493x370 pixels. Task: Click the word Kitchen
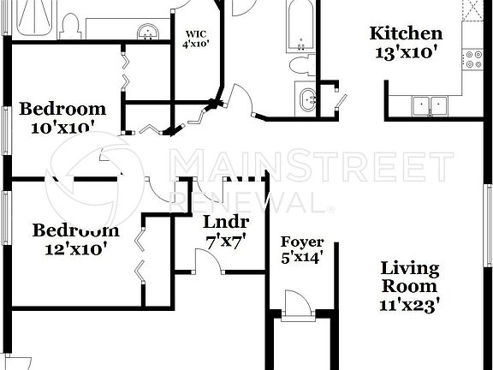[x=406, y=34]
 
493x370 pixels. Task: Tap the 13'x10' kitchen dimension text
[x=406, y=52]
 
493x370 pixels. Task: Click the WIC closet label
[x=197, y=35]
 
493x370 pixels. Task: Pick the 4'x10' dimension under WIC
[x=197, y=45]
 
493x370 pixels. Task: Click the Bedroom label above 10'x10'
[x=63, y=109]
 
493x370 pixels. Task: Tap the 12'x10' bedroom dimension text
[x=75, y=249]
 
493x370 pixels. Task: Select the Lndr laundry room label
[x=226, y=224]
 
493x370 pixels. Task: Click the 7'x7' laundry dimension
[x=226, y=241]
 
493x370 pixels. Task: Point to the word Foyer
[x=302, y=241]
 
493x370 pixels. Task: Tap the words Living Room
[x=409, y=277]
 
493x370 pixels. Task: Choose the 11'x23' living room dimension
[x=409, y=303]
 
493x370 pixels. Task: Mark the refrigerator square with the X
[x=473, y=10]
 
